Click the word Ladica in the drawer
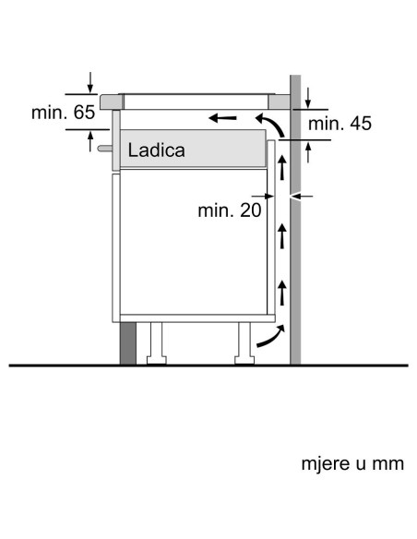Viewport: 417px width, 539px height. [156, 150]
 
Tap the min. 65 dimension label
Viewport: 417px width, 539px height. [64, 113]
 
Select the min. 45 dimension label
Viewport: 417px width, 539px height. [340, 123]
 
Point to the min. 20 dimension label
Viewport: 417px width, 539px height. [230, 210]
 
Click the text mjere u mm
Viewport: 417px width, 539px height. [352, 463]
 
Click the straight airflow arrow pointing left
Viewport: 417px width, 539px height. [222, 118]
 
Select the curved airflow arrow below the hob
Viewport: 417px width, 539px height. [271, 125]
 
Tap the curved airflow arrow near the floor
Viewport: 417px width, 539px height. [271, 336]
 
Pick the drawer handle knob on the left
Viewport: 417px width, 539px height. [105, 149]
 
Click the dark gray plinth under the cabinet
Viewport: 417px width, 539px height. [128, 343]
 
